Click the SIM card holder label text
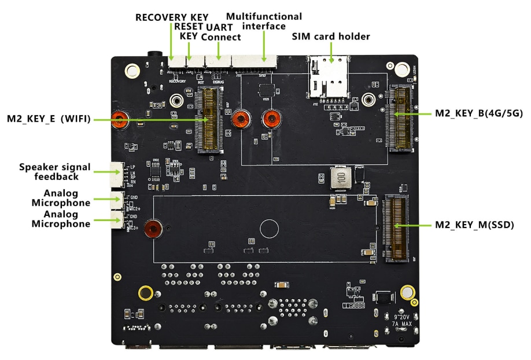click(330, 37)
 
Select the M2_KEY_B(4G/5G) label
click(479, 113)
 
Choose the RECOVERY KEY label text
click(172, 17)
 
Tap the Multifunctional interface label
click(264, 21)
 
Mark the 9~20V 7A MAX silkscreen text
click(402, 321)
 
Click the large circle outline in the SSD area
click(270, 229)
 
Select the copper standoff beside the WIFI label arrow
click(120, 120)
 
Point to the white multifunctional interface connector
click(253, 59)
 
